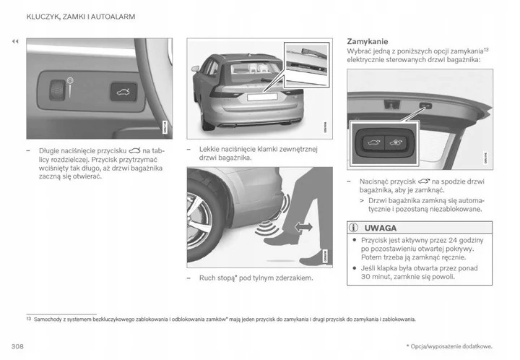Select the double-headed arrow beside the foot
[x=304, y=227]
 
